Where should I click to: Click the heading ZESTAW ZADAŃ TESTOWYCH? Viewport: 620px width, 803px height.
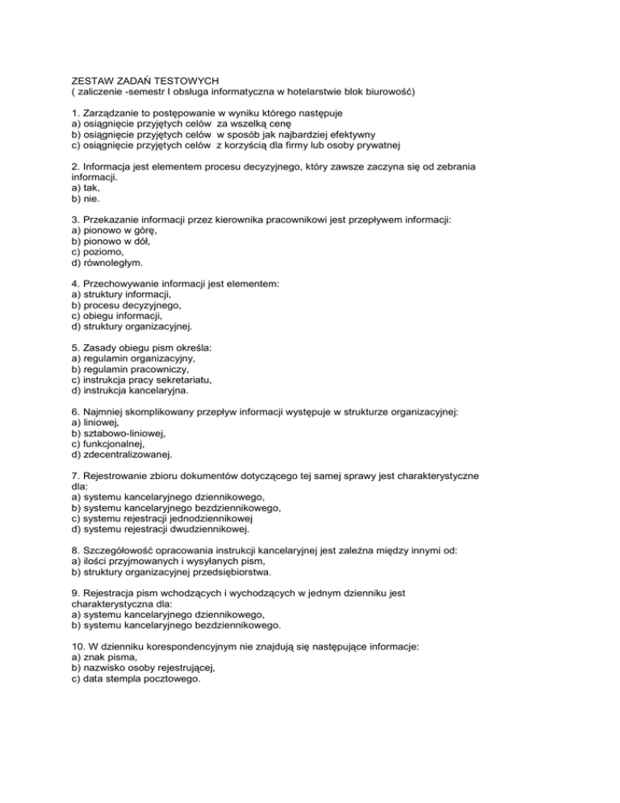pos(146,80)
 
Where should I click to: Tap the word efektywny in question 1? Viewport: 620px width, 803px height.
pos(346,135)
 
